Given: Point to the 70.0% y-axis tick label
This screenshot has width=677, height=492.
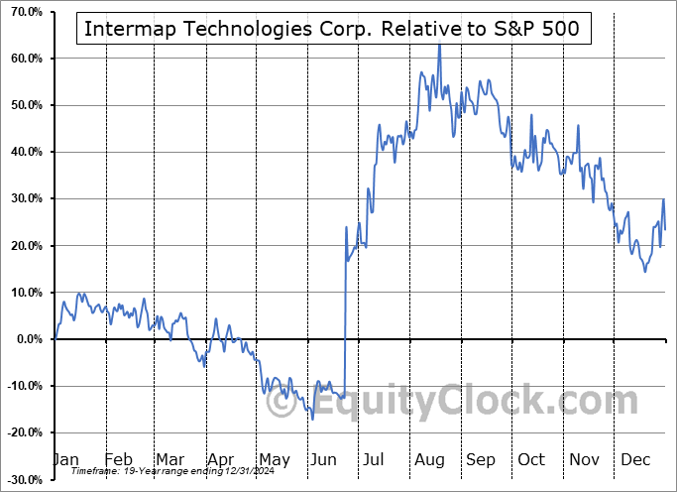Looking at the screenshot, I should (23, 12).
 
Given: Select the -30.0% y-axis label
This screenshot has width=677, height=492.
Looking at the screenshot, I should (23, 480).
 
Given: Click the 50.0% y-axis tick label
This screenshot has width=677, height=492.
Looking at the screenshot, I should (23, 105).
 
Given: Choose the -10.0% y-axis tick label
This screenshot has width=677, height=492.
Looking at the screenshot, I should (23, 386).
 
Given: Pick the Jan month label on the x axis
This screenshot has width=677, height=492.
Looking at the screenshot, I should (64, 460).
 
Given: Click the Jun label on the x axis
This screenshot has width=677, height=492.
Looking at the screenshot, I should (323, 460).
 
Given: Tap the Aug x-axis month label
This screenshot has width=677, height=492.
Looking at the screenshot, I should (428, 460).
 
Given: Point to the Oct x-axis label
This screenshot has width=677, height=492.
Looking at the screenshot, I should (531, 460).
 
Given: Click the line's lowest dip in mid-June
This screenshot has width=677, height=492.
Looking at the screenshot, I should (312, 419).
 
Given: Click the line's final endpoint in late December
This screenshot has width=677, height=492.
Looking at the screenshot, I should (665, 229).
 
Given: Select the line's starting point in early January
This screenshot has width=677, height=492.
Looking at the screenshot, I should (56, 338).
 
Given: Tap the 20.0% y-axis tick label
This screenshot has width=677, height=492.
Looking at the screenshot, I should (23, 246).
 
